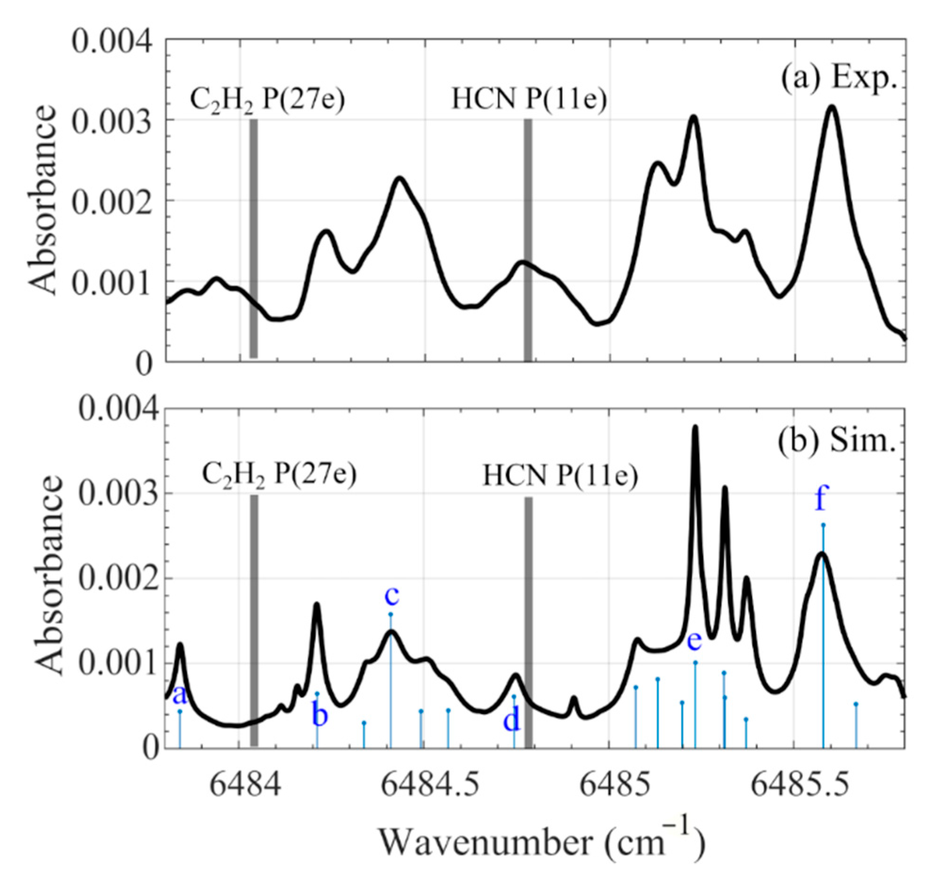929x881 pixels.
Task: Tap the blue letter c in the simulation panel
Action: coord(392,596)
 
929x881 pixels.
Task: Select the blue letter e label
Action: coord(695,641)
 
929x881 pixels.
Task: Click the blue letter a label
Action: coord(179,695)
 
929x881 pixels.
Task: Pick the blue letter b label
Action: coord(320,715)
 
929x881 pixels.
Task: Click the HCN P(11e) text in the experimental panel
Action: coord(529,99)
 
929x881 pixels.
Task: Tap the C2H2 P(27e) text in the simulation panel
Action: coord(279,474)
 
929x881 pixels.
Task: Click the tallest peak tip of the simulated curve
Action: coord(695,427)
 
